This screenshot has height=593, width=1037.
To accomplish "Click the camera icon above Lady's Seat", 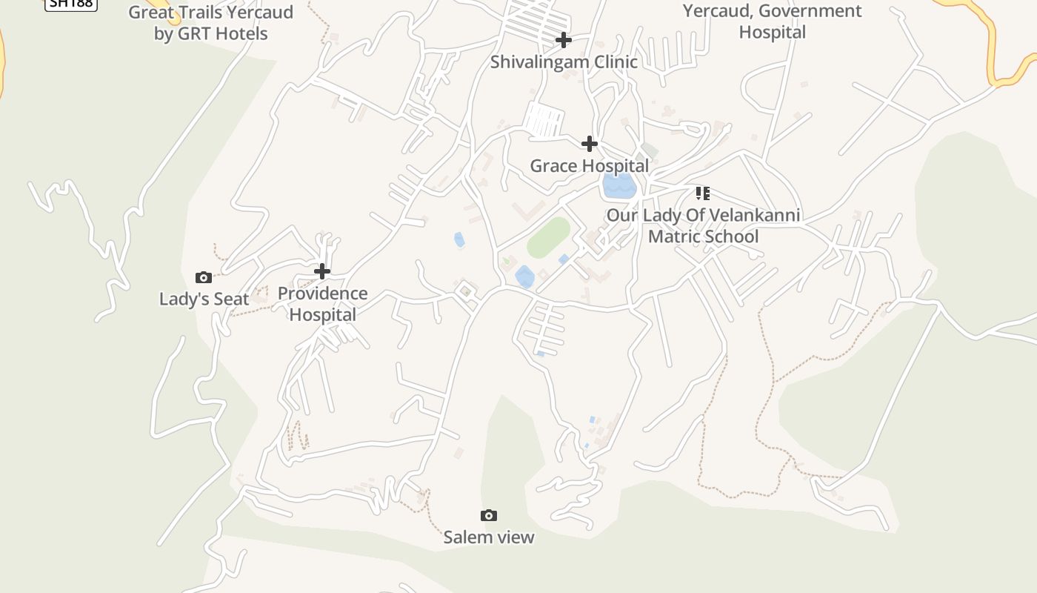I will tap(204, 277).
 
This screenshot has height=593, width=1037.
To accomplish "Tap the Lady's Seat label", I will tap(204, 299).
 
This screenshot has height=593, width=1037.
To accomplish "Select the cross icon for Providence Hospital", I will tap(322, 271).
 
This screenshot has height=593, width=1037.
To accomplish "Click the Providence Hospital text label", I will tap(322, 304).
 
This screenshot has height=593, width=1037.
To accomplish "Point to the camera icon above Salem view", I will tap(488, 515).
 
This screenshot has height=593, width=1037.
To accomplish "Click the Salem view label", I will tap(488, 537).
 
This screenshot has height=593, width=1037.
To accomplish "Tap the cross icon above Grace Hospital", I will tap(590, 143).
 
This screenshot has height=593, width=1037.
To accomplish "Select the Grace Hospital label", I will tap(589, 165).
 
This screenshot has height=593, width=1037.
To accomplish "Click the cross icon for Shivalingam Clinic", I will tap(564, 39).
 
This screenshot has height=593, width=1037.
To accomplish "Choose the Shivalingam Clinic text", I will tap(564, 62).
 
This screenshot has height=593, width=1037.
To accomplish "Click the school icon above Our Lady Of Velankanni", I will tap(703, 193).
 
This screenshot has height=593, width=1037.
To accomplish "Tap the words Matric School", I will tap(703, 236).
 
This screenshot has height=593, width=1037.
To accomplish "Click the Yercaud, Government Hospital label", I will tap(772, 21).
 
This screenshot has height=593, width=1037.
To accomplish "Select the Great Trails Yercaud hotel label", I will tap(210, 22).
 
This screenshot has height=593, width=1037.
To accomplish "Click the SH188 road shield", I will tap(71, 4).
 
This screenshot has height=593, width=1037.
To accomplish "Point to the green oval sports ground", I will tap(548, 237).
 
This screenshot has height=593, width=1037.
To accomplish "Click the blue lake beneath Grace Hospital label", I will tap(619, 186).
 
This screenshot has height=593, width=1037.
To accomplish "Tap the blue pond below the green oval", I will tap(524, 277).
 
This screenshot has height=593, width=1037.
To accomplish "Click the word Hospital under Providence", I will tap(322, 314).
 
